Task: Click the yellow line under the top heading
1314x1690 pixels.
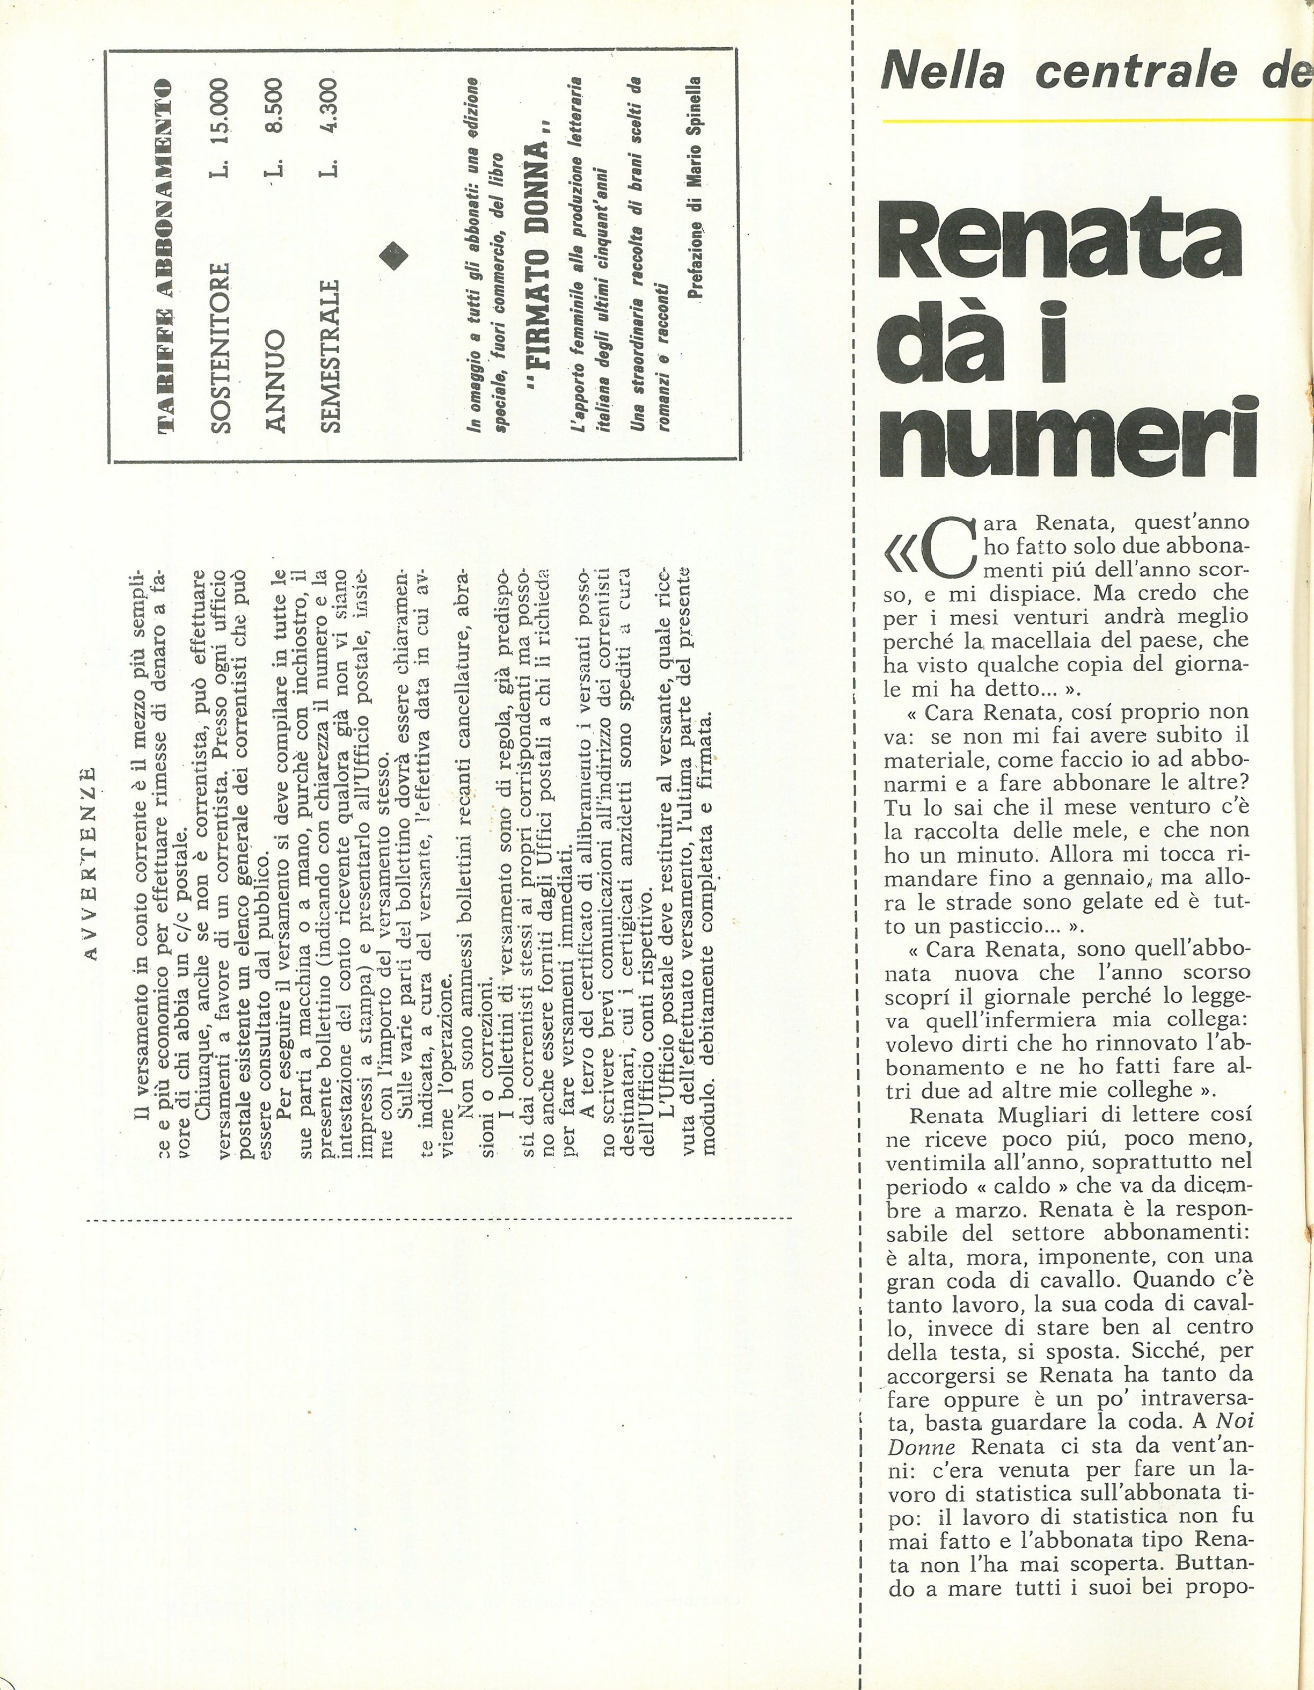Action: pos(1099,121)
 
